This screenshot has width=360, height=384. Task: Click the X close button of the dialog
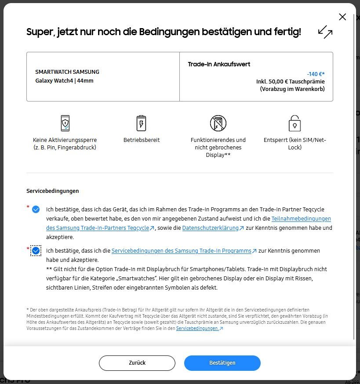[x=342, y=17]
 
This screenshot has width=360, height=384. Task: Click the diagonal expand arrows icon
[x=325, y=32]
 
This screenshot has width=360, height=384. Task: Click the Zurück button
[x=137, y=363]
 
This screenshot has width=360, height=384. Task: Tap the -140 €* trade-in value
[x=316, y=74]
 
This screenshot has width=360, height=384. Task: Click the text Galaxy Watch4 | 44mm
[x=64, y=80]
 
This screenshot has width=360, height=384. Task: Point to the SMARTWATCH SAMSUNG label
[x=67, y=72]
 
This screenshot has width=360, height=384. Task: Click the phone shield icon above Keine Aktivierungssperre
[x=65, y=123]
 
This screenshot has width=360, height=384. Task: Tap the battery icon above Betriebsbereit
[x=141, y=123]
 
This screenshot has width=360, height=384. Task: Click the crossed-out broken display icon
[x=218, y=123]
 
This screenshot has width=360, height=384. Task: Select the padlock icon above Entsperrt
[x=294, y=123]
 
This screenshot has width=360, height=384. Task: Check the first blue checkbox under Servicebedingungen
[x=36, y=210]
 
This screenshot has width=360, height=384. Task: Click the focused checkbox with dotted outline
[x=36, y=251]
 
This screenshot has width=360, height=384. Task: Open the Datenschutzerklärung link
[x=210, y=228]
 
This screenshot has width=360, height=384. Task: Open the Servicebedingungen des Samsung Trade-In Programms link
[x=181, y=251]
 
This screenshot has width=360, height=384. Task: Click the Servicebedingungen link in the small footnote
[x=197, y=328]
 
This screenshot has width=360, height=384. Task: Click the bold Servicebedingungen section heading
[x=53, y=191]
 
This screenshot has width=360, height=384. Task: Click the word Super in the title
[x=40, y=32]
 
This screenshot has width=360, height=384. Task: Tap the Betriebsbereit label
[x=142, y=140]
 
